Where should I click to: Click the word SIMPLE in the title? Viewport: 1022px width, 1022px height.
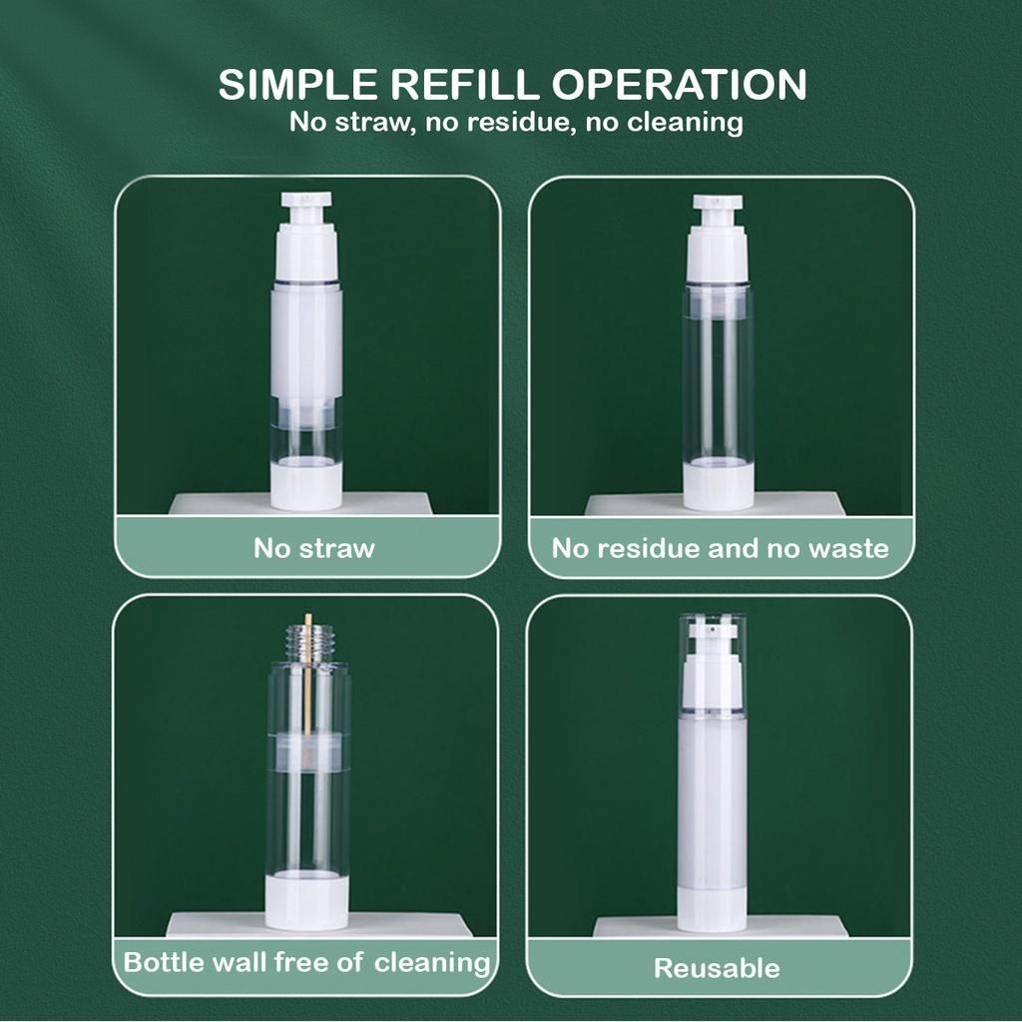pos(297,84)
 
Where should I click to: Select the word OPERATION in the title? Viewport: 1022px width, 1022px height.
pos(679,84)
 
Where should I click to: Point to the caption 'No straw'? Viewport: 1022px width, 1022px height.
pos(314,548)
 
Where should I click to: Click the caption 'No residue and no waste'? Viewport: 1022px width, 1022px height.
pos(721,548)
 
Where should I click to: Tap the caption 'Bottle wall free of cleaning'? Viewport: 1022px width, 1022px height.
pos(306,963)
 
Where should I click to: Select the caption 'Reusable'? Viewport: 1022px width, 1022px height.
pos(717,968)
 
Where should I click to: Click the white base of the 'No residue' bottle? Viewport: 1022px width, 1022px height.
pos(719,486)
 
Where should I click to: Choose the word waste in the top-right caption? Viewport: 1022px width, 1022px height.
pos(848,548)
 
